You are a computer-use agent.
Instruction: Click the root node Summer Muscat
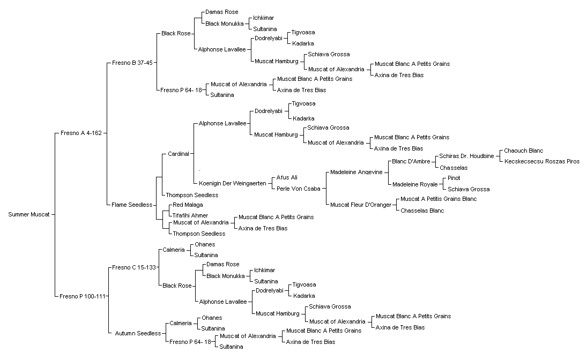point(29,214)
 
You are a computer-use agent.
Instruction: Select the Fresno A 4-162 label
point(81,133)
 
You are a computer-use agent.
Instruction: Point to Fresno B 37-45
point(132,63)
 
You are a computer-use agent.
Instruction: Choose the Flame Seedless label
point(132,205)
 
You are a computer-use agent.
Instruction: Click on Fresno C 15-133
point(133,267)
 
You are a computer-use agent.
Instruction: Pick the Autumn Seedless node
point(138,333)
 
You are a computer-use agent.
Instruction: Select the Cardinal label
point(178,154)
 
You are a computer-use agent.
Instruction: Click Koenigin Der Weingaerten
point(233,183)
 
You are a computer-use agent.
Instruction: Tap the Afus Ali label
point(287,177)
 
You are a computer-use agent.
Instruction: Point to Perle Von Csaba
point(299,189)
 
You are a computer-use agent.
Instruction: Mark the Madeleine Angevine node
point(356,172)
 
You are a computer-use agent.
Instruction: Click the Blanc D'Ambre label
point(411,162)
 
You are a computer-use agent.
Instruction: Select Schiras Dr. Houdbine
point(466,156)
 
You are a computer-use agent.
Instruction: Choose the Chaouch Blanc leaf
point(523,151)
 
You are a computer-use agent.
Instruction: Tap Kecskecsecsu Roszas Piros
point(542,161)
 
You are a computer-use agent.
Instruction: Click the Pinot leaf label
point(454,178)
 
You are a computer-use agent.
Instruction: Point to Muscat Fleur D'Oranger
point(361,205)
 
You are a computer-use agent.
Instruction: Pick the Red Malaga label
point(188,205)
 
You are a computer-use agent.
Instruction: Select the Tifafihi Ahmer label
point(190,215)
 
